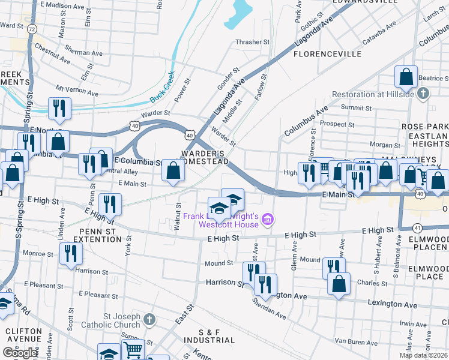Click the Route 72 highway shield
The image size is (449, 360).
32,29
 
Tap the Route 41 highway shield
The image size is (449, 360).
417,228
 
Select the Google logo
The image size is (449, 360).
20,353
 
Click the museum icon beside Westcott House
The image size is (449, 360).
268,220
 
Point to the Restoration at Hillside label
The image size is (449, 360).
373,94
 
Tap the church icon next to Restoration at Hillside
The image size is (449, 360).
424,93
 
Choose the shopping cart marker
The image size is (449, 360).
133,350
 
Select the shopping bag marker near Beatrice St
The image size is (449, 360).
406,77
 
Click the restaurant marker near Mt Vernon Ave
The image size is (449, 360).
59,108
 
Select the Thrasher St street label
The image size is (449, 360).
252,42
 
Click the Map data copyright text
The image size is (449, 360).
423,355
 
